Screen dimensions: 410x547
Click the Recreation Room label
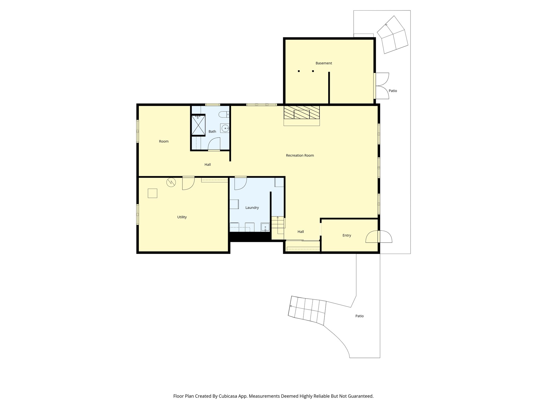point(300,155)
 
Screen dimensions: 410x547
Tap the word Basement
point(324,63)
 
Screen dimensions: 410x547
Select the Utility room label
point(182,217)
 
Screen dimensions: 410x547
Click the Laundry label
point(252,208)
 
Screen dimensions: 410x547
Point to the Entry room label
point(347,235)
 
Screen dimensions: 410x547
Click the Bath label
point(212,131)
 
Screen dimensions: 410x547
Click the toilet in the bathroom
point(224,115)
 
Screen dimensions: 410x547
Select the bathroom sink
point(225,128)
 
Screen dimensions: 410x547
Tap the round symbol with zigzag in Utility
point(171,182)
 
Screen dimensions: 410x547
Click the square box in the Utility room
point(153,193)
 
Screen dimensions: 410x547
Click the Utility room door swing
point(188,184)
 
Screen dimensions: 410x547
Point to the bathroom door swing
point(214,144)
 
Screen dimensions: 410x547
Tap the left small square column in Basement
point(299,71)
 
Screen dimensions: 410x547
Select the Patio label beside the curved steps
point(359,316)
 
